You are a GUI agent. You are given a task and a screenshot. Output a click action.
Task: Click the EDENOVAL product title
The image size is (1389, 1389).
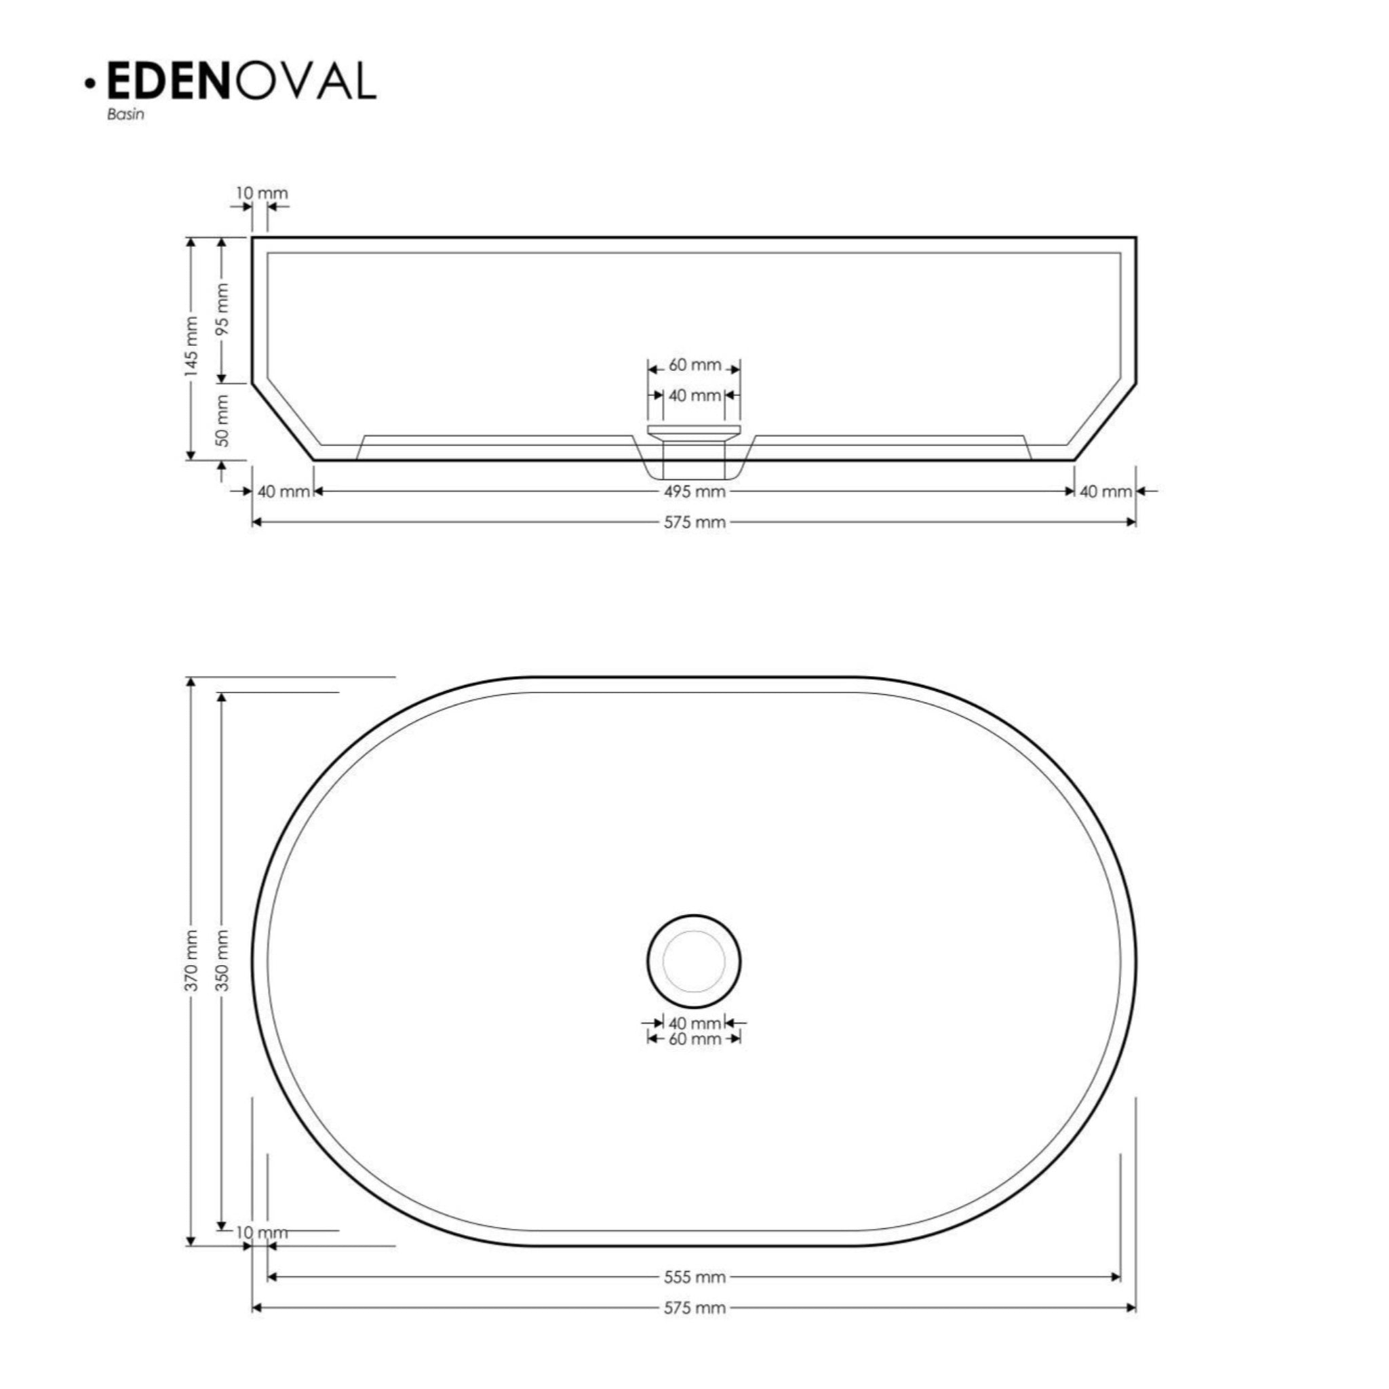click(241, 81)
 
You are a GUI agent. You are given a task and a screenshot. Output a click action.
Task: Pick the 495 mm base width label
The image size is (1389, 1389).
click(694, 492)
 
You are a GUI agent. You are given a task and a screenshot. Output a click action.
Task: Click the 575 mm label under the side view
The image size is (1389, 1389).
click(694, 523)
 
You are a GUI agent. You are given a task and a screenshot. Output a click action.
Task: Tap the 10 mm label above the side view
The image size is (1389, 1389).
click(262, 193)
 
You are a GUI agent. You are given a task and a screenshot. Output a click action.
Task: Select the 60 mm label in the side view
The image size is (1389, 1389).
click(694, 366)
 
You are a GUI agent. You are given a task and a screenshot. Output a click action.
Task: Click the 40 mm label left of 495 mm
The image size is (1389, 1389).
click(283, 492)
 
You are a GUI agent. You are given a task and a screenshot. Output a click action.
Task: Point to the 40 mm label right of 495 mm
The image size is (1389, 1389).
click(1106, 492)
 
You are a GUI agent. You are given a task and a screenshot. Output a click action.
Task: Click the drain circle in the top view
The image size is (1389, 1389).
click(694, 961)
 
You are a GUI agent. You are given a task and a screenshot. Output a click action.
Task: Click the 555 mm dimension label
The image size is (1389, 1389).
click(694, 1277)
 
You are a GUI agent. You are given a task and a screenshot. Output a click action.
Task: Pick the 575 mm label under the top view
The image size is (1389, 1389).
click(694, 1308)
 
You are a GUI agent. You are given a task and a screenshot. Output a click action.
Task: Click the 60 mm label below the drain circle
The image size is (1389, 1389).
click(694, 1039)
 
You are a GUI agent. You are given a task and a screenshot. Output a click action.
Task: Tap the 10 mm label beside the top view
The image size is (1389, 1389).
click(262, 1232)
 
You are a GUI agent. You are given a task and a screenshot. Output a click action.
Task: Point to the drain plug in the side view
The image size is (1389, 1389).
click(694, 430)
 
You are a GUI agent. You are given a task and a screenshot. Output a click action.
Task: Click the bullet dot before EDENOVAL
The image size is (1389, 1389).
click(90, 84)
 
